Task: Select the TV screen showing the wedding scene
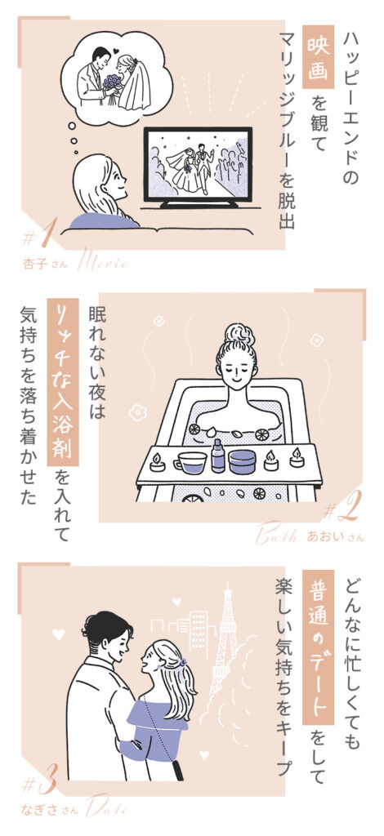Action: pos(197,164)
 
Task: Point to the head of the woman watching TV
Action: pos(99,183)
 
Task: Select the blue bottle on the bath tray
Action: pos(218,455)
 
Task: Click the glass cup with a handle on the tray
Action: pos(190,463)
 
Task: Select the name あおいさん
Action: pos(332,536)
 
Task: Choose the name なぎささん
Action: pos(51,811)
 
